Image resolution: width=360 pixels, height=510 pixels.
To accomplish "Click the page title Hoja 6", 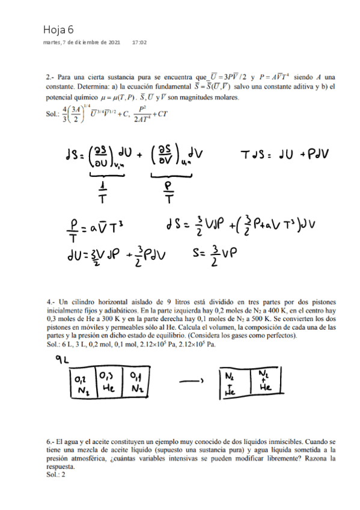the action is tap(58, 29).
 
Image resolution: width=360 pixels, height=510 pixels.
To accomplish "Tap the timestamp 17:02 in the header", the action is tap(139, 43).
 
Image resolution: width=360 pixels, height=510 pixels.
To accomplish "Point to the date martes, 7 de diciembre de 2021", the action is tap(82, 43).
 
